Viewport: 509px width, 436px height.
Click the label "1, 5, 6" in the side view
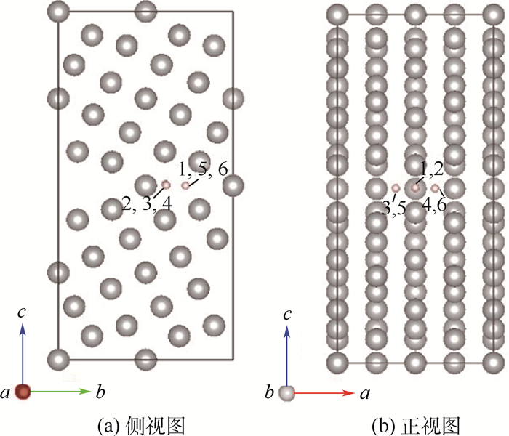[x=204, y=169]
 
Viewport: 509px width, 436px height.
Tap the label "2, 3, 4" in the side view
[x=147, y=204]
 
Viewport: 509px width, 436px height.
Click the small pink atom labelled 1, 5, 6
[x=185, y=186]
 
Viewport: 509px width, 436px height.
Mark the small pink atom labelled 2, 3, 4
[x=166, y=186]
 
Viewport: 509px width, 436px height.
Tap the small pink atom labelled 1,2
[x=415, y=188]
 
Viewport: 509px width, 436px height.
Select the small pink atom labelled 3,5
[x=396, y=188]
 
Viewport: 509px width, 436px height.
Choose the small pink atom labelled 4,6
[x=435, y=188]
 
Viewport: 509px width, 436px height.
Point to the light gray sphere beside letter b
[x=288, y=392]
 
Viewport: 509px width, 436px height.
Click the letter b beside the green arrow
[x=99, y=393]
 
